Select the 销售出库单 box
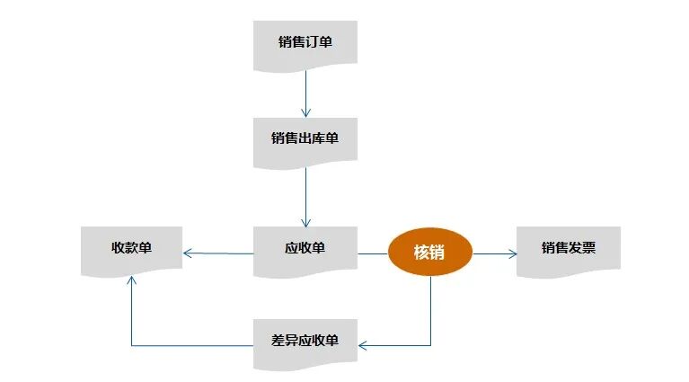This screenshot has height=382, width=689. coord(305,140)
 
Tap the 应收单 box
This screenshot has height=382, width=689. coord(305,249)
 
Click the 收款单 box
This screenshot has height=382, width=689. coord(131,249)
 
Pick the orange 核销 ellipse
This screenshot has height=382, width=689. coord(429,252)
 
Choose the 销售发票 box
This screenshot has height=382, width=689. coord(569,249)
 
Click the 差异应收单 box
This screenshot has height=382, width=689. coord(305,342)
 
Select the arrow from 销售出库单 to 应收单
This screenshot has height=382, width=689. coord(305,196)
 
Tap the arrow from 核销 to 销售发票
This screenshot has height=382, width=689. coord(495,254)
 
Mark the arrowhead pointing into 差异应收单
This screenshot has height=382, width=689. coord(364,345)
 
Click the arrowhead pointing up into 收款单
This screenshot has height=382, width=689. coord(132,280)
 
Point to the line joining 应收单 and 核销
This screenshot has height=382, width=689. coord(373,253)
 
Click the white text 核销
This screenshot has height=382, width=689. coord(429,252)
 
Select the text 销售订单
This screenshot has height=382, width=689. coord(305,41)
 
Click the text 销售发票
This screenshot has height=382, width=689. coord(569,247)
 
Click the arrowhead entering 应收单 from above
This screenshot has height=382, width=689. coord(305,221)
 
